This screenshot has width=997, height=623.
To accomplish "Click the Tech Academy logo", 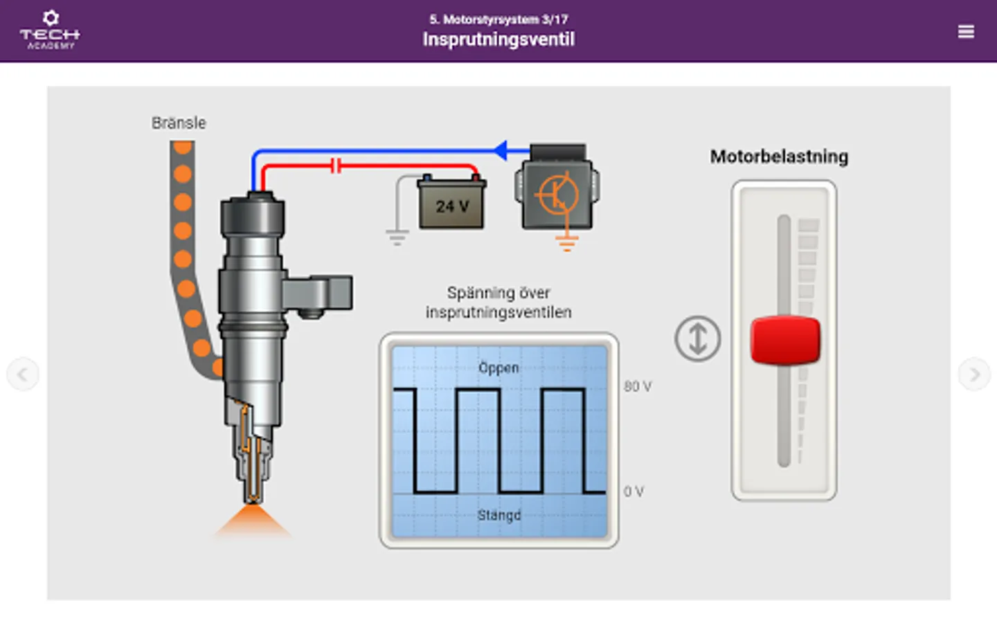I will (50, 30).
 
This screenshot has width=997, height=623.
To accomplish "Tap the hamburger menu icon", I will (966, 32).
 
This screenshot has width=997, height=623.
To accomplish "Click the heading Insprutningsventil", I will (498, 39).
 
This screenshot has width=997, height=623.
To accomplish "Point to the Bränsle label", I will (179, 123).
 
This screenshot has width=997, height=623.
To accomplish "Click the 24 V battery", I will (451, 204).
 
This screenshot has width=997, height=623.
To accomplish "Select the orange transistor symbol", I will (557, 195).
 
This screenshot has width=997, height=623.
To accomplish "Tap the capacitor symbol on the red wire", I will (336, 165).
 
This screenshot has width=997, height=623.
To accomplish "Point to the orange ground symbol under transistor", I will (566, 242).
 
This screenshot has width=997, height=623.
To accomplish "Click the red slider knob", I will (785, 340).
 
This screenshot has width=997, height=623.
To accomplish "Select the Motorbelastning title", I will (779, 156).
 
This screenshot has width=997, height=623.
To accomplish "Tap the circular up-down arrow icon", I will (697, 338).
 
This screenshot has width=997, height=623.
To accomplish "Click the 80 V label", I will (637, 386).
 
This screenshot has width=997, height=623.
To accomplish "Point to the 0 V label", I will (634, 491).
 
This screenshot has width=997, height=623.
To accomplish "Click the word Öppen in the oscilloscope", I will (498, 368).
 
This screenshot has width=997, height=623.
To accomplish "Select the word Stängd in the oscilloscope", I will (498, 515).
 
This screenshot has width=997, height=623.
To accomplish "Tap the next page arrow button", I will (973, 374).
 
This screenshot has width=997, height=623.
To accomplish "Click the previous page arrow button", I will (23, 374).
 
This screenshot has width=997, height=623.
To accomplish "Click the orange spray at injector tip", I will (253, 521).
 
